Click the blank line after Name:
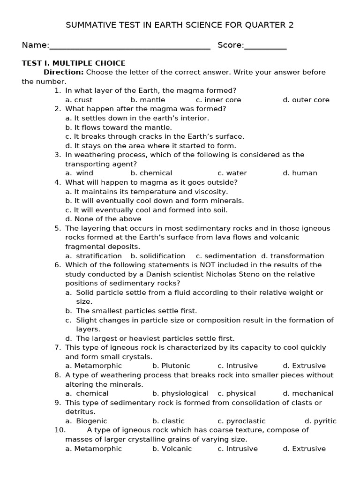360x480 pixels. (x=129, y=48)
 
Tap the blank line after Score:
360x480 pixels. (x=265, y=48)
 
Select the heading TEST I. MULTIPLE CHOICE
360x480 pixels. (x=74, y=63)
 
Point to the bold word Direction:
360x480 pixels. (x=64, y=72)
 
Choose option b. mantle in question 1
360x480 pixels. (x=148, y=100)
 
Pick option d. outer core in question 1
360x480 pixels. (x=306, y=100)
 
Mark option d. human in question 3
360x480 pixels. (x=300, y=173)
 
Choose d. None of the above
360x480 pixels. (x=103, y=219)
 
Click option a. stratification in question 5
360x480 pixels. (x=94, y=256)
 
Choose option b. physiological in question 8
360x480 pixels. (x=180, y=393)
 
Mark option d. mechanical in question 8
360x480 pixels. (x=308, y=393)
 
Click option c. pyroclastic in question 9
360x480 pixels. (x=241, y=421)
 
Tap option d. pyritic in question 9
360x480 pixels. (x=320, y=421)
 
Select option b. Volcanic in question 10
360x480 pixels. (x=172, y=449)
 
